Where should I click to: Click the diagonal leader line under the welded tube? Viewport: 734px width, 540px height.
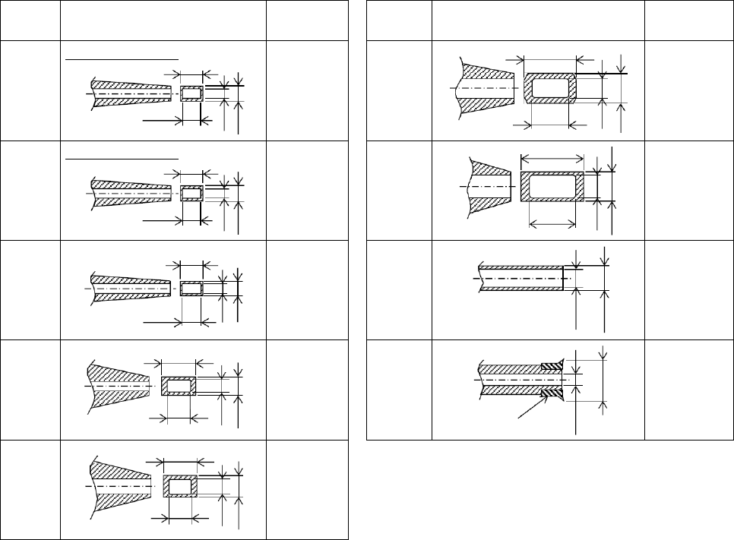(x=532, y=409)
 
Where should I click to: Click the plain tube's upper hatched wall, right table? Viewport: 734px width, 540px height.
(x=520, y=267)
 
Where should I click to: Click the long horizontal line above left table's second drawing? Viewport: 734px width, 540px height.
(x=122, y=159)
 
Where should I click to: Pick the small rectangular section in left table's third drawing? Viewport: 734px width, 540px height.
(x=191, y=289)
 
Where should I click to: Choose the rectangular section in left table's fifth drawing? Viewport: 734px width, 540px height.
(x=181, y=486)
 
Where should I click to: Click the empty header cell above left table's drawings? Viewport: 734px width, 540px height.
(x=163, y=21)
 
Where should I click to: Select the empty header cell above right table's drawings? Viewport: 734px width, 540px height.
(x=538, y=21)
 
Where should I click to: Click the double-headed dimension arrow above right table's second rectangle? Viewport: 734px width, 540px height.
(x=552, y=158)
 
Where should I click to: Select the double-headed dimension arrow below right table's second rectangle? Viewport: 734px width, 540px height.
(x=552, y=223)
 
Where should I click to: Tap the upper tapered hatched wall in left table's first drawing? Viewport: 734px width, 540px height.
(x=129, y=84)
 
